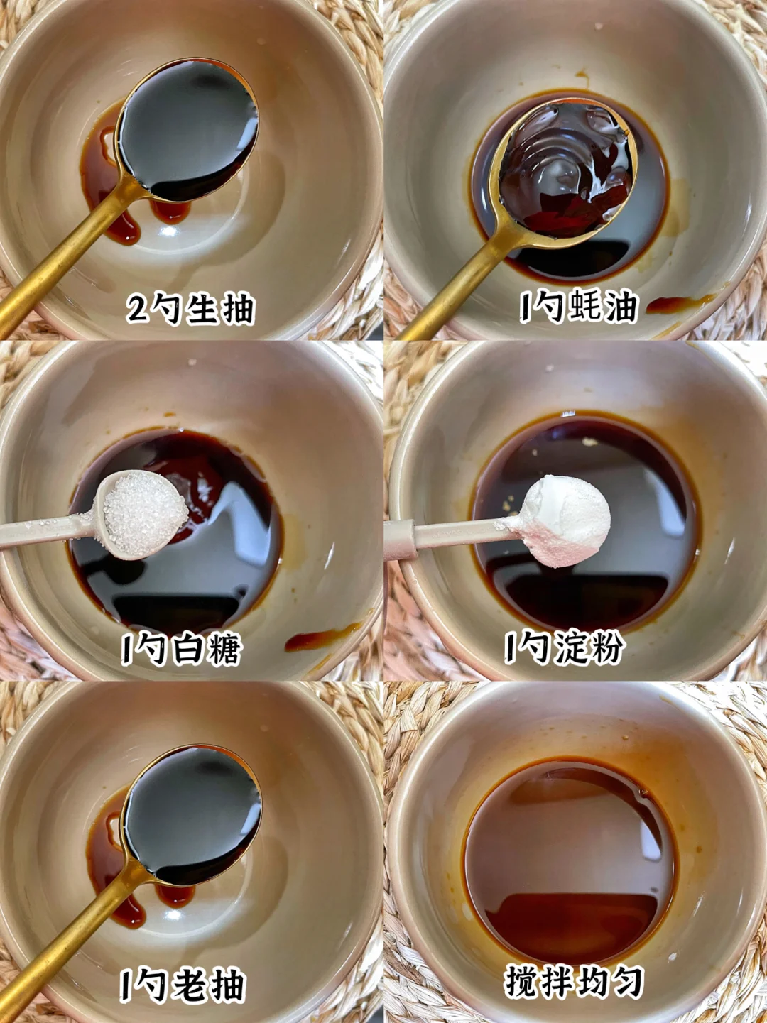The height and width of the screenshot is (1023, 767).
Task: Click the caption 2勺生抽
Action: (x=191, y=309)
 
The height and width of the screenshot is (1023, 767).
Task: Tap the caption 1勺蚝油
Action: (x=578, y=307)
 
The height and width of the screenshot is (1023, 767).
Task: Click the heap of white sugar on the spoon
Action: (x=145, y=513)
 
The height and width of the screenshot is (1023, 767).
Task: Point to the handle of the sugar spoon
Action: (x=47, y=530)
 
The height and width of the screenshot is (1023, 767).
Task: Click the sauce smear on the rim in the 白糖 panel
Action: (x=322, y=636)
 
